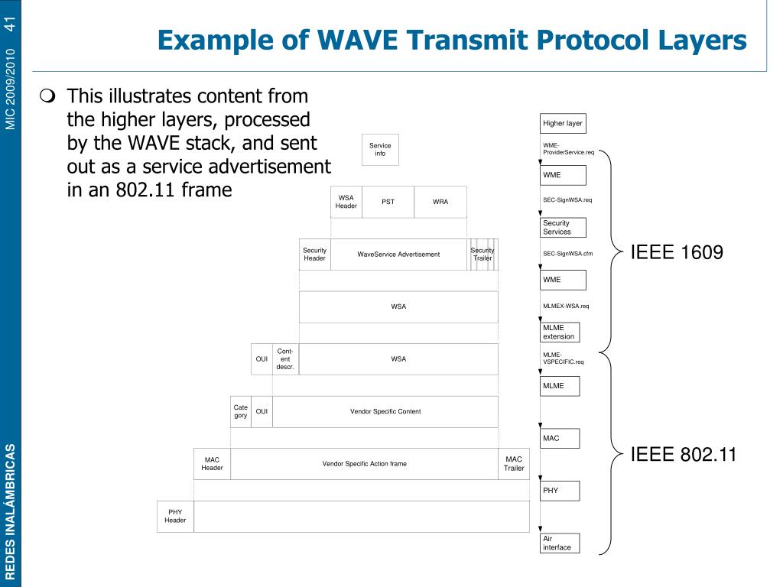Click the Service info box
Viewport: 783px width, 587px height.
point(380,149)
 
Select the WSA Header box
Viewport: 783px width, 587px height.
point(346,202)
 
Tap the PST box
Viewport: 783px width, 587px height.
point(388,202)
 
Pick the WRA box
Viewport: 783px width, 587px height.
point(440,202)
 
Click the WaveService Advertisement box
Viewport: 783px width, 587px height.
point(398,255)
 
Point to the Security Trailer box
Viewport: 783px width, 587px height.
point(482,255)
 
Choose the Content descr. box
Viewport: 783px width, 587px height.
point(285,359)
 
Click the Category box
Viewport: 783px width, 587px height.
point(241,411)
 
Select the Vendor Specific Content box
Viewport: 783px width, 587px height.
point(385,411)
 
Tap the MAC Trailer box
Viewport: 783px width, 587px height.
point(514,464)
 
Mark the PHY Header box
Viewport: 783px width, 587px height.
point(175,516)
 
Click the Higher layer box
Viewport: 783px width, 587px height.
point(563,123)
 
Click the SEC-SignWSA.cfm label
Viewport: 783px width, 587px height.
point(568,254)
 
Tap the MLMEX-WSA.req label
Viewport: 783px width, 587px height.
point(567,306)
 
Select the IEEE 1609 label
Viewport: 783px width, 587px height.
point(676,253)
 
